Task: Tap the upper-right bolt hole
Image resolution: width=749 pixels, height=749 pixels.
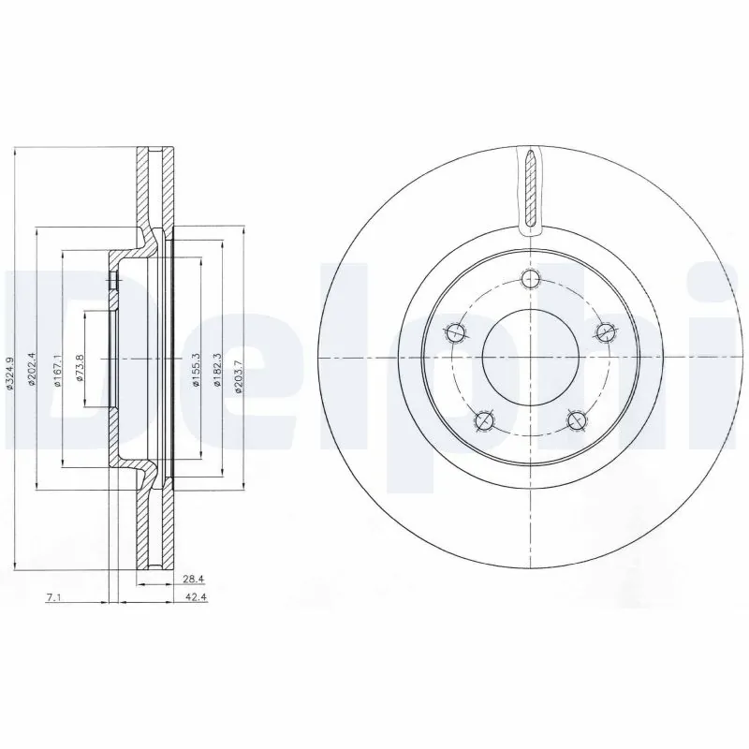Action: tap(604, 330)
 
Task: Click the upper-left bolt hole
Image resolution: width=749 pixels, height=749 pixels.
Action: tap(456, 330)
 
